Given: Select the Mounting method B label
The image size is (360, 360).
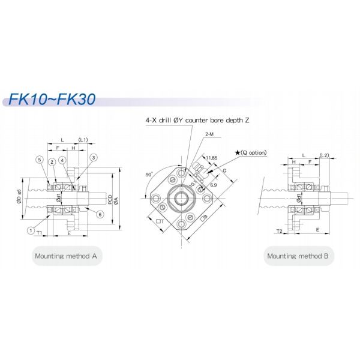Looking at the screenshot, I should coord(299,256).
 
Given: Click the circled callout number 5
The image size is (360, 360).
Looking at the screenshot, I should coord(38,160).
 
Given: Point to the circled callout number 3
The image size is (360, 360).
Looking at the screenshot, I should coord(94,158).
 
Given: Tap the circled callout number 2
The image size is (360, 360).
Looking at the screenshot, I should coord(53,161).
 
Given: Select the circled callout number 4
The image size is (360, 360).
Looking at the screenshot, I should coord(62,160).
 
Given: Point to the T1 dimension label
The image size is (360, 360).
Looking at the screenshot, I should coord(38,232).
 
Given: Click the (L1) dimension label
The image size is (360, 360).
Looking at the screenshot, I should coord(83,140).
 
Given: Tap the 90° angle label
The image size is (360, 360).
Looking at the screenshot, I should coord(149,174).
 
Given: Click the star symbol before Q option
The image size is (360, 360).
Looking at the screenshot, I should coord(238,153).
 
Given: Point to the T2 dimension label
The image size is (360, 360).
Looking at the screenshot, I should coord(278,230).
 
